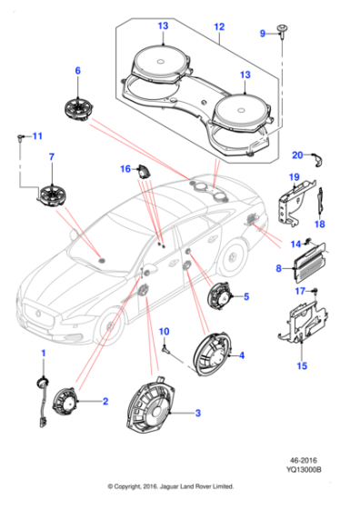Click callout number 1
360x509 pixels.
[41, 352]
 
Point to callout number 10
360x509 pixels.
[165, 330]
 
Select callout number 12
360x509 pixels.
[218, 28]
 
